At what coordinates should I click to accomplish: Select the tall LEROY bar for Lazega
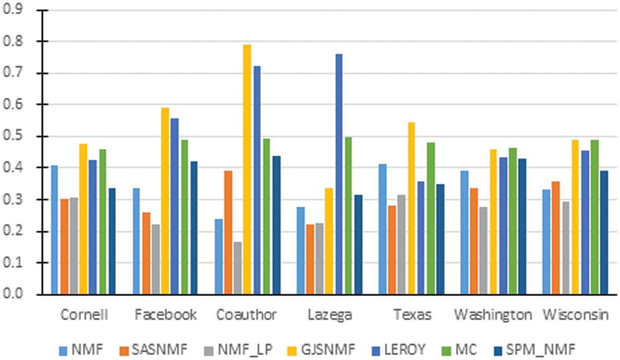click(x=339, y=174)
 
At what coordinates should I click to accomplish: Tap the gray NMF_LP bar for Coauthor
click(x=238, y=268)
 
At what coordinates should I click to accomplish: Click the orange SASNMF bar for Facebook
click(x=146, y=253)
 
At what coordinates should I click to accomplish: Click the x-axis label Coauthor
click(x=247, y=315)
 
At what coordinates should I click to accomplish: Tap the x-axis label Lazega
click(x=329, y=315)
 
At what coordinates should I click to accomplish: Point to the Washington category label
click(x=493, y=315)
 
